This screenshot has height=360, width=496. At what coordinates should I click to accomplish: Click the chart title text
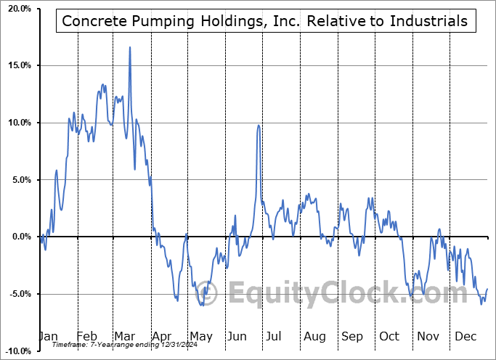click(x=265, y=21)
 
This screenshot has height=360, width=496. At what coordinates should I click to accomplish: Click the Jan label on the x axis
click(x=48, y=337)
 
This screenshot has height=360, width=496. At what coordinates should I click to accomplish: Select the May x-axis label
click(x=201, y=337)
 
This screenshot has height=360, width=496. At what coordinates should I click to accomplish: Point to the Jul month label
click(x=275, y=337)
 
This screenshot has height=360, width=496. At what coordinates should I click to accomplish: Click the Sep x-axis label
click(x=352, y=337)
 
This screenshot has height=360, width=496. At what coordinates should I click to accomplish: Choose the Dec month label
click(x=466, y=337)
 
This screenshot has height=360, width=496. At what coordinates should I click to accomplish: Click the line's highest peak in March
click(x=130, y=47)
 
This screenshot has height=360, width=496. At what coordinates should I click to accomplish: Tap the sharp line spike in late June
click(x=259, y=126)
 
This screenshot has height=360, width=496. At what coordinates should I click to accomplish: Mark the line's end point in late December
click(x=487, y=290)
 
